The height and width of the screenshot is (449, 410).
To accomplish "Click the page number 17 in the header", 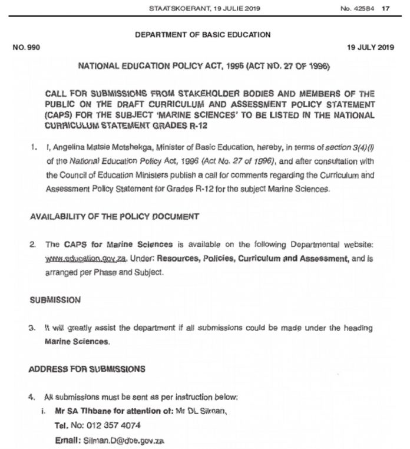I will tap(386, 8).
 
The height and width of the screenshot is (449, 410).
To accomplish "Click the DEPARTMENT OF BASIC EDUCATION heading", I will tap(203, 34).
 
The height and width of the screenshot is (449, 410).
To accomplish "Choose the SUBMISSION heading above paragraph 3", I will tap(55, 299).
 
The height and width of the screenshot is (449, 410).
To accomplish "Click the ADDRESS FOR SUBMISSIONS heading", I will tap(86, 369).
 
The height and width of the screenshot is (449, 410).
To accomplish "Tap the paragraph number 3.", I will tap(33, 328).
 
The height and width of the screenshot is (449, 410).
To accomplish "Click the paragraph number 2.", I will tap(33, 244).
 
